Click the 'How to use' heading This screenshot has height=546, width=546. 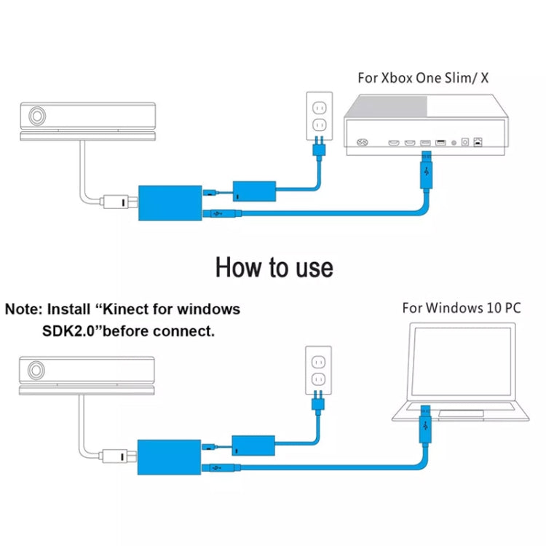274,267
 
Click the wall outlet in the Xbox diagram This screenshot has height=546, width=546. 317,116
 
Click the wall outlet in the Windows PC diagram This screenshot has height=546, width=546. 317,370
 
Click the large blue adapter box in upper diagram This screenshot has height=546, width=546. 168,201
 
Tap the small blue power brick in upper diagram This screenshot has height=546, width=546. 254,193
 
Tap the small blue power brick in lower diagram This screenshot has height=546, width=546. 254,446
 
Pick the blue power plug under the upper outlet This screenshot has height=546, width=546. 317,154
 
